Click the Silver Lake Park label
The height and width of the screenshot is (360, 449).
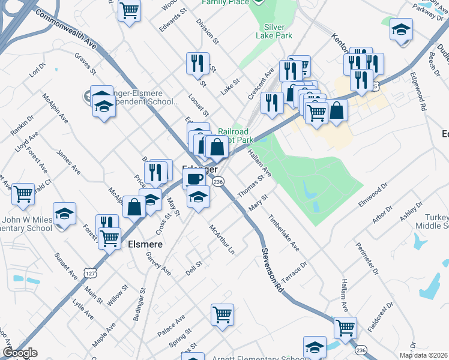click(x=278, y=31)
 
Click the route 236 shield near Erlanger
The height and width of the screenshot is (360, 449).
click(x=218, y=181)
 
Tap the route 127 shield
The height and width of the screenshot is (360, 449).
click(x=89, y=273)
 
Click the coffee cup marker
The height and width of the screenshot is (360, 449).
click(x=194, y=178)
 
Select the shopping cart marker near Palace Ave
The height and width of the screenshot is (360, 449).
click(x=222, y=314)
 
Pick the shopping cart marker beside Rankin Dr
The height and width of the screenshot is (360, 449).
click(x=23, y=194)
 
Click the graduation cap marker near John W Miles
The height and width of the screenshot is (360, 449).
click(x=63, y=214)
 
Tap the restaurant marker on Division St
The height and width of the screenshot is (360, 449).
click(x=197, y=62)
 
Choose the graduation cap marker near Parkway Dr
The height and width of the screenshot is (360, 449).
click(x=401, y=29)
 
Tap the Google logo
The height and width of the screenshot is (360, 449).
click(x=19, y=353)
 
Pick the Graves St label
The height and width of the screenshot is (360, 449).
click(x=85, y=64)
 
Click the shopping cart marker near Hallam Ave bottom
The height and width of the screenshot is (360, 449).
click(x=345, y=328)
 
